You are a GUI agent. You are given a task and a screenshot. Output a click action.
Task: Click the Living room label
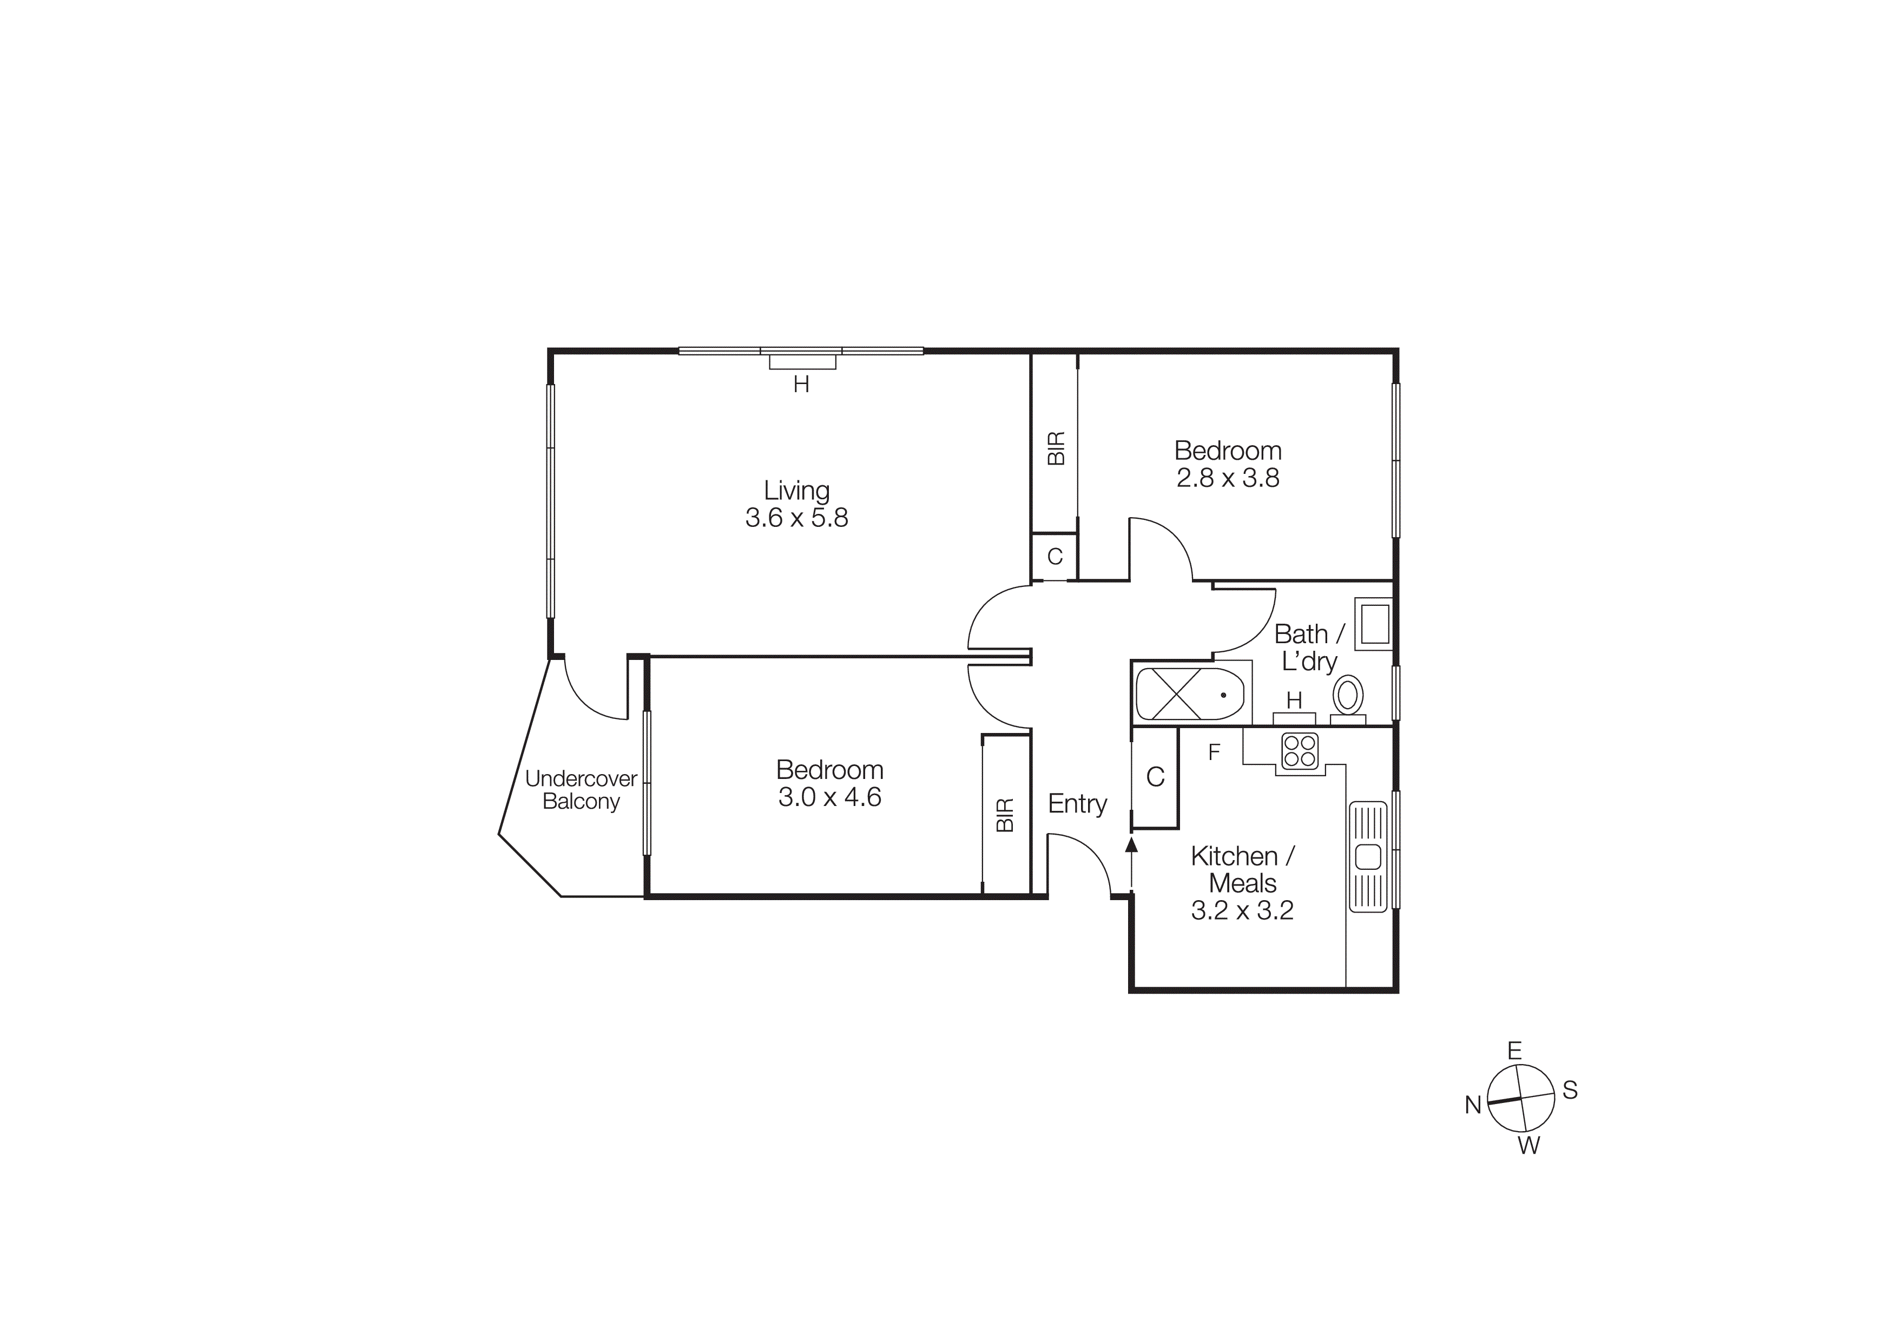click(796, 491)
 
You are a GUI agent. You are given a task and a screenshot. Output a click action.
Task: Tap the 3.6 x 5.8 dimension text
click(796, 518)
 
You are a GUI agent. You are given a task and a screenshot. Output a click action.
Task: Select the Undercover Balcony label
click(581, 790)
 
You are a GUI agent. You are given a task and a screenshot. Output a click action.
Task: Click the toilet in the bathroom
click(1347, 696)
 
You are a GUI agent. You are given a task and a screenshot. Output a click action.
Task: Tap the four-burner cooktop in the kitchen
click(1300, 751)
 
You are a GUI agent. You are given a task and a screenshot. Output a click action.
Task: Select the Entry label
click(1077, 804)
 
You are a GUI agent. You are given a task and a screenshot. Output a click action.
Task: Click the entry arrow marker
click(1132, 843)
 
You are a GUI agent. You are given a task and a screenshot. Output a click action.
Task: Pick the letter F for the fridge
click(1214, 752)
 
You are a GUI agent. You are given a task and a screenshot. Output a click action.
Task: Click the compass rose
click(1521, 1098)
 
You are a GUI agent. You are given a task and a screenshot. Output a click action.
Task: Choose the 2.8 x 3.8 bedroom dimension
click(1228, 478)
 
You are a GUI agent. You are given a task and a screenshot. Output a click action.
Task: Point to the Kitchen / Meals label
click(1242, 869)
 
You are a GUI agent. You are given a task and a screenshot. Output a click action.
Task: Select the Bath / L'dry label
click(1309, 647)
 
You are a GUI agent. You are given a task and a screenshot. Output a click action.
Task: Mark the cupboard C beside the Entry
click(1155, 777)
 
